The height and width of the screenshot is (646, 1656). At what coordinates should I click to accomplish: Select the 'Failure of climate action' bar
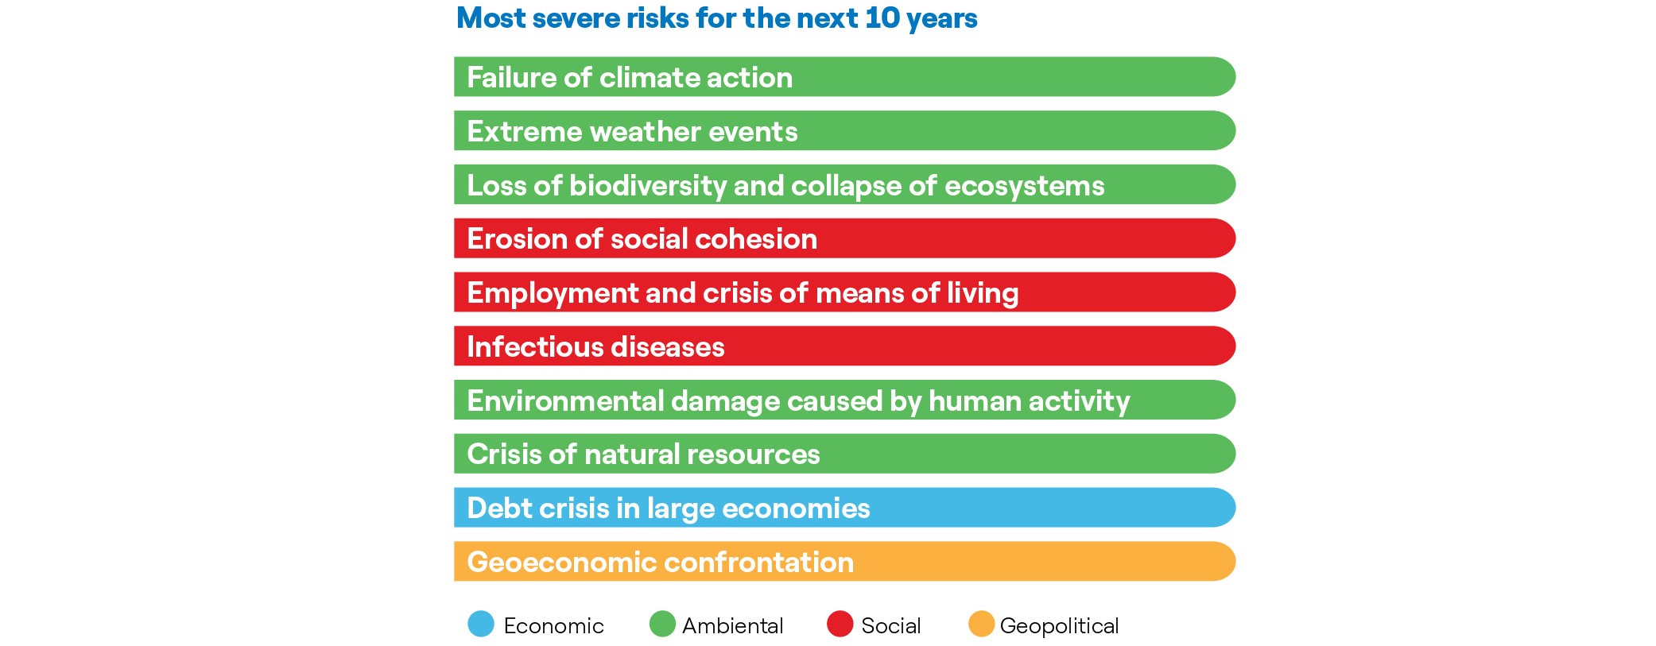pos(844,77)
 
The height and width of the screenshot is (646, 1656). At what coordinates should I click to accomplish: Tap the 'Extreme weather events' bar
pos(844,130)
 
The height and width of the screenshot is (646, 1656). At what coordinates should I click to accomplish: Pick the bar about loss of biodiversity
pos(844,184)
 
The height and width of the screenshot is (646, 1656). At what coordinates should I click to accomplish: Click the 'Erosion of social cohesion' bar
pos(844,238)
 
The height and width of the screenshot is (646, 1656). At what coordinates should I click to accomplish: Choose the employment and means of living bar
pos(844,292)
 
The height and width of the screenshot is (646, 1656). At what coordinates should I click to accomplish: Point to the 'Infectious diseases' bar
pos(844,346)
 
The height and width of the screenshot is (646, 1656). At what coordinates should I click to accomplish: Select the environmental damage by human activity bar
pos(844,400)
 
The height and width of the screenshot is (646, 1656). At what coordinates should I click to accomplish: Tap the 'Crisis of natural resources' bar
pos(844,454)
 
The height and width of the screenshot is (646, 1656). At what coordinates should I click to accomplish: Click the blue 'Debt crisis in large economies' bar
pos(844,508)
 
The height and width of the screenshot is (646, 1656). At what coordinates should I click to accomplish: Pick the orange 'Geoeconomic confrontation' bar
pos(844,562)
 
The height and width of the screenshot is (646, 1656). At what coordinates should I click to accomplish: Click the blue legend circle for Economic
pos(481,624)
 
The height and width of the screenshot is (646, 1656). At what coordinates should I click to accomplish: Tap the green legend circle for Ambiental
pos(662,624)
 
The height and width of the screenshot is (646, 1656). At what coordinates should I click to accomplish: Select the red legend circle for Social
pos(840,624)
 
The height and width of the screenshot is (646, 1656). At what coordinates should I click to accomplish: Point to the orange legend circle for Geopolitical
pos(981,624)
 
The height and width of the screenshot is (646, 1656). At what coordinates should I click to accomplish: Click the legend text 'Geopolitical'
pos(1059,626)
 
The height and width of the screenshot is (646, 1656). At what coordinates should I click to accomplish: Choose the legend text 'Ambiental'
pos(732,626)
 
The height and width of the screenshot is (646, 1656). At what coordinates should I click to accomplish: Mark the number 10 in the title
pos(882,17)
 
